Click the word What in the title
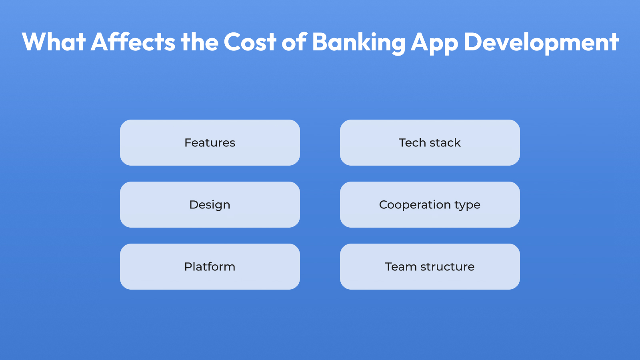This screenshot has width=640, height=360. click(54, 42)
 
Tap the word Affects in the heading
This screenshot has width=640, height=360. click(133, 42)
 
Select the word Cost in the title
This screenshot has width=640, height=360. click(250, 42)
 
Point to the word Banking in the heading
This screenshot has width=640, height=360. click(358, 42)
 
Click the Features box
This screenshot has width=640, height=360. click(210, 142)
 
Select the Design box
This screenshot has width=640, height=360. click(210, 204)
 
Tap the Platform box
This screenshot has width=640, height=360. click(210, 266)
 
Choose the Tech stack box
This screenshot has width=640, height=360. click(430, 142)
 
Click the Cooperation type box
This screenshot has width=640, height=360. click(430, 204)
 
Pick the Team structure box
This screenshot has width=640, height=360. click(430, 266)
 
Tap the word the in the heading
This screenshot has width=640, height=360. click(200, 42)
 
